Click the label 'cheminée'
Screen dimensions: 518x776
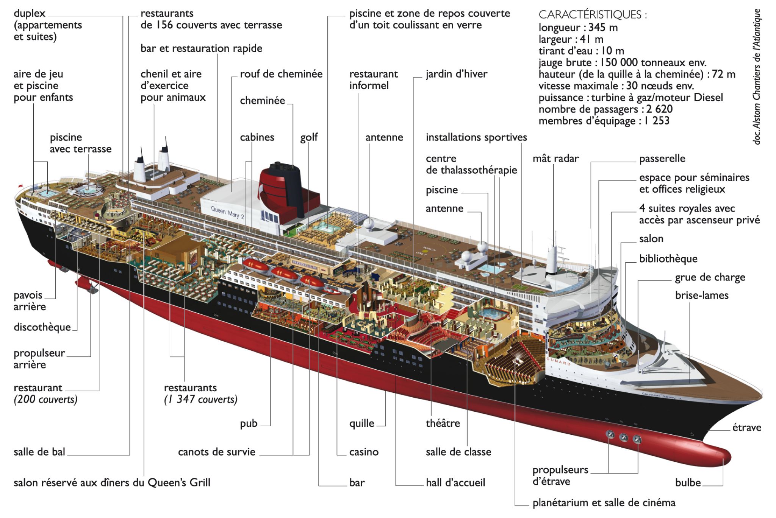[x=262, y=101]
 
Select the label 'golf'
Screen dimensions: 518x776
[x=309, y=137]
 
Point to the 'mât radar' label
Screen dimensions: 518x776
[x=555, y=159]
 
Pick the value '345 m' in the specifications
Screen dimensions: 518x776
[x=603, y=28]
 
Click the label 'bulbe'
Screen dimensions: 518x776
[x=688, y=483]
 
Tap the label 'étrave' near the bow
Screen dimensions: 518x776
[x=746, y=428]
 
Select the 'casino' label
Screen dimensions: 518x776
[x=364, y=452]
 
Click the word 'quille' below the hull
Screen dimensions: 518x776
[x=361, y=423]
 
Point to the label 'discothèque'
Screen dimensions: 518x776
[x=42, y=327]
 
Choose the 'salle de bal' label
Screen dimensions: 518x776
[x=39, y=452]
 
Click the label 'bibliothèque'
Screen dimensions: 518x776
[x=668, y=259]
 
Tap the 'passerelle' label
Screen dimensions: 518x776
[x=662, y=159]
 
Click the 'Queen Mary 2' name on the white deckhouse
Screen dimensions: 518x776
[x=227, y=213]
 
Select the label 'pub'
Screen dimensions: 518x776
[x=249, y=423]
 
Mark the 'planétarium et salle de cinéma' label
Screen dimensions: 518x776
[x=604, y=503]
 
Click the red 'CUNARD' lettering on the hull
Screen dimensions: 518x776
[x=559, y=361]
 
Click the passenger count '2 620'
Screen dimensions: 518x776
[x=659, y=109]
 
